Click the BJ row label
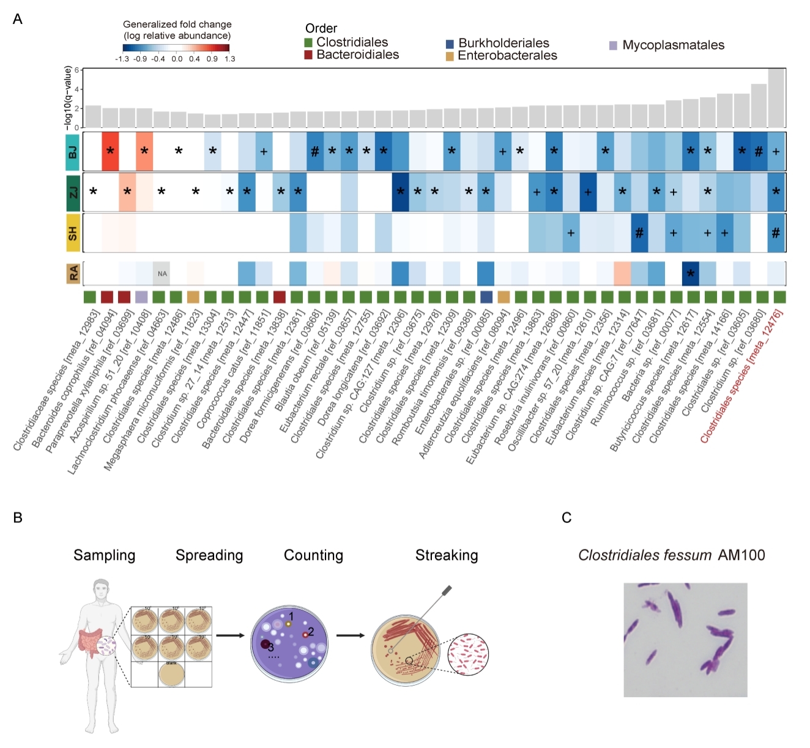click(x=73, y=151)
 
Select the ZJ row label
click(x=73, y=192)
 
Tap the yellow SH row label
click(x=73, y=232)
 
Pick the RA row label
click(x=73, y=273)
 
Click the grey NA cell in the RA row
click(x=162, y=273)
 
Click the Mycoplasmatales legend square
click(x=613, y=45)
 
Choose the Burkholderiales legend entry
click(x=503, y=43)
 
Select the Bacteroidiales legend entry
click(x=357, y=54)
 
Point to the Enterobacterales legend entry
click(x=507, y=56)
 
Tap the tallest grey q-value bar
click(x=776, y=98)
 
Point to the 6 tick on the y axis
click(x=77, y=70)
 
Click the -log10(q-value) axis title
click(x=68, y=98)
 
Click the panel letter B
click(x=18, y=517)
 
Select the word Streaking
click(x=447, y=555)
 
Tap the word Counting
click(x=313, y=555)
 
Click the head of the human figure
click(x=102, y=590)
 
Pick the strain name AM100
click(x=741, y=555)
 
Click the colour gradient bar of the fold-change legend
click(x=176, y=48)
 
